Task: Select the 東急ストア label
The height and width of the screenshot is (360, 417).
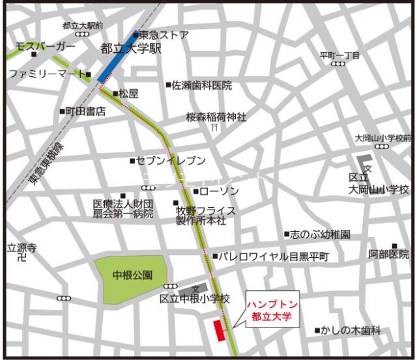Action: tap(164, 35)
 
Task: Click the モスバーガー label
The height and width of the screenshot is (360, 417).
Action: tap(46, 48)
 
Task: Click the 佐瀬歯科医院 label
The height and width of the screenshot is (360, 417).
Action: tap(202, 85)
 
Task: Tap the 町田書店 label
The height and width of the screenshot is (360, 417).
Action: tap(85, 111)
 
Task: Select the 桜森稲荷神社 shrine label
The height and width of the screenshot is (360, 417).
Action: tap(216, 117)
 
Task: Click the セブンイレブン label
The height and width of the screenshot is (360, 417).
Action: tap(171, 160)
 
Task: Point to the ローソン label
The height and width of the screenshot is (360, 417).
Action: tap(220, 191)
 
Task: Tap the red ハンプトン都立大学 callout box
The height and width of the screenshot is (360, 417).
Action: tap(270, 311)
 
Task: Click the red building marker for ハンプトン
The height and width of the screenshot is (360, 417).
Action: tap(219, 329)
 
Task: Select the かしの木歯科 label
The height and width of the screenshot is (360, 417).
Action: tap(351, 331)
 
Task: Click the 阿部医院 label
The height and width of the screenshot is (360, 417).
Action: tap(389, 254)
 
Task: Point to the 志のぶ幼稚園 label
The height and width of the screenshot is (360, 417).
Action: tap(321, 234)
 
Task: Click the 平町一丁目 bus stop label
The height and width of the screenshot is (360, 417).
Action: tap(339, 55)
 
